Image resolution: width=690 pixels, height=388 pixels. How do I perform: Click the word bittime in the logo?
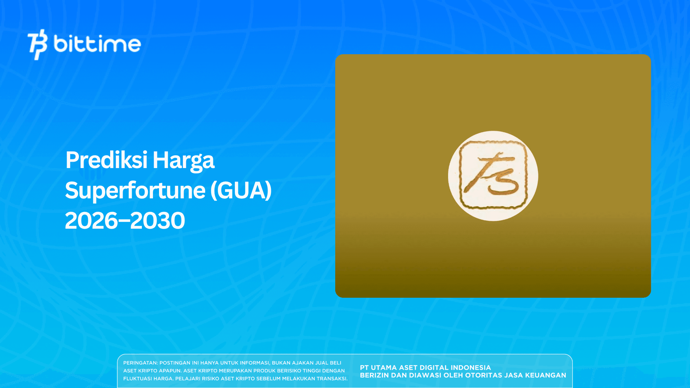pyautogui.click(x=97, y=44)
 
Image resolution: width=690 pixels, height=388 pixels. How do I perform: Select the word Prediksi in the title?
pyautogui.click(x=106, y=160)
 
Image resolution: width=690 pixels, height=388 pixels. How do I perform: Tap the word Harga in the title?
pyautogui.click(x=184, y=161)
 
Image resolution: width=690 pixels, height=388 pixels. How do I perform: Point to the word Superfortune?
pyautogui.click(x=135, y=191)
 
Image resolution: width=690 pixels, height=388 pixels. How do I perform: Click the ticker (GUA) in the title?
pyautogui.click(x=241, y=191)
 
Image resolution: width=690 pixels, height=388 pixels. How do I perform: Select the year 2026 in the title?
pyautogui.click(x=91, y=221)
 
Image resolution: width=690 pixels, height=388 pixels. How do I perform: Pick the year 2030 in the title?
pyautogui.click(x=158, y=221)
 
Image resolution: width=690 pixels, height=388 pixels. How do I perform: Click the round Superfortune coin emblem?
pyautogui.click(x=493, y=176)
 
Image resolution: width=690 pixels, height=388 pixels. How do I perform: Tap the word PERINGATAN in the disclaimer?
pyautogui.click(x=140, y=363)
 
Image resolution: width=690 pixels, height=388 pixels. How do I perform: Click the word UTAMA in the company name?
pyautogui.click(x=384, y=368)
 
